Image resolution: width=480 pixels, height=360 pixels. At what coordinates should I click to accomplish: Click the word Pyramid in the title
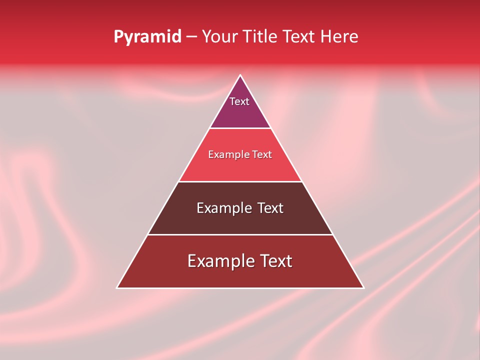tap(147, 37)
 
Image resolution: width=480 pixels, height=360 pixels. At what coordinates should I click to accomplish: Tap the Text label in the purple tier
tap(239, 101)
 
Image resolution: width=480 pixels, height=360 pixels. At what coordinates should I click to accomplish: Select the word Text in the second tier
tap(262, 155)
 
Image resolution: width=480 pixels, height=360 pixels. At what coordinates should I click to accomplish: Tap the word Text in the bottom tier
tap(275, 261)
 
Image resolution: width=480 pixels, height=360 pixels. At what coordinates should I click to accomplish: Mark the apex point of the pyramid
tap(240, 75)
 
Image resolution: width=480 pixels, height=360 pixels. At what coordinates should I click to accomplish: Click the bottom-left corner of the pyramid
tap(117, 287)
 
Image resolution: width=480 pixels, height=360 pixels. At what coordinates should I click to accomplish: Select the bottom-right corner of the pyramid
tap(363, 287)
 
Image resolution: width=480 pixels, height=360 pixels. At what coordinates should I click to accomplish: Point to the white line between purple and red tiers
tap(240, 128)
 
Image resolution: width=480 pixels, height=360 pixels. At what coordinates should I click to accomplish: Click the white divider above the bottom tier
tap(240, 234)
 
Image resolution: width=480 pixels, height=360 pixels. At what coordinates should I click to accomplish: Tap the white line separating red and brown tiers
tap(240, 181)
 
